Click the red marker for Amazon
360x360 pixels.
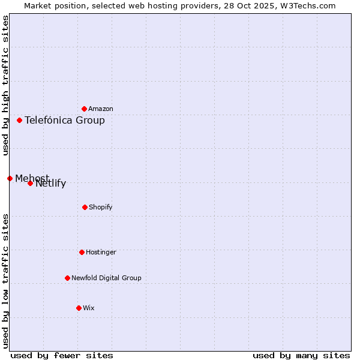coord(84,109)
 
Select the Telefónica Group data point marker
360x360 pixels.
coord(19,120)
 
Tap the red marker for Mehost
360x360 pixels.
coord(10,178)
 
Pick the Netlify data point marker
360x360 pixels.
coord(30,183)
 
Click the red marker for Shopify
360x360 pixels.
coord(85,207)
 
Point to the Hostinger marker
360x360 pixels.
coord(82,252)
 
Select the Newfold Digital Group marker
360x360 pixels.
coord(67,278)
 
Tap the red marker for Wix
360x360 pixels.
coord(79,308)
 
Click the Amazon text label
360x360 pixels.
coord(101,109)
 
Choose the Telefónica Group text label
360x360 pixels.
coord(65,120)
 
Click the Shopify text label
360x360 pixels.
coord(101,207)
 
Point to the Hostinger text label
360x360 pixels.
coord(101,252)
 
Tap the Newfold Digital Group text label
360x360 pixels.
coord(106,278)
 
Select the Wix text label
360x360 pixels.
coord(89,308)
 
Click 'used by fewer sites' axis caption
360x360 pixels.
coord(62,355)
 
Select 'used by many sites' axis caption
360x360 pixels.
coord(301,355)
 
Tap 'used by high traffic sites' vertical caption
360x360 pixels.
coord(5,85)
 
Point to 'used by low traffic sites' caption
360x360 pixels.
coord(5,280)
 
